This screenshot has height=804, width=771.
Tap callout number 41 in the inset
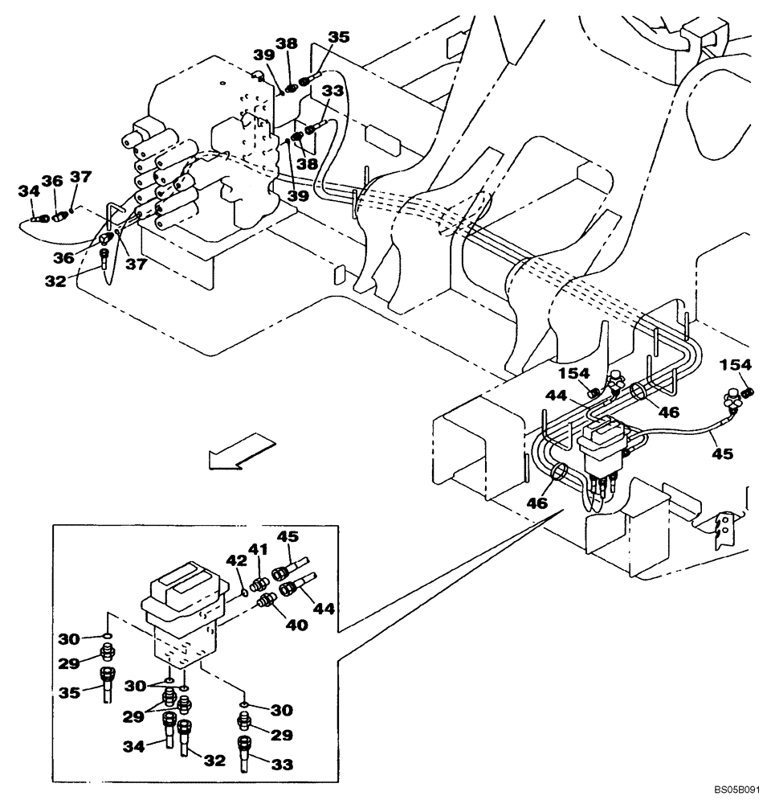pos(256,550)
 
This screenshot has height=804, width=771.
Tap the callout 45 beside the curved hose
pos(722,453)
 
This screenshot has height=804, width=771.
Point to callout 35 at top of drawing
pos(339,36)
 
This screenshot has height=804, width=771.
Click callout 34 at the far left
pos(29,191)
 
